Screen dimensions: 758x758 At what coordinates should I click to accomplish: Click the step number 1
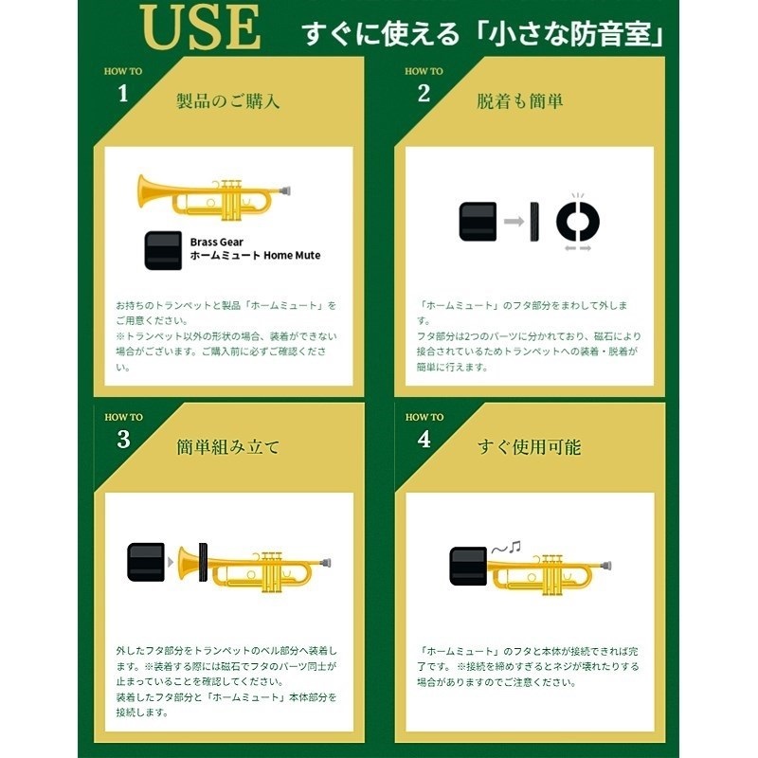122,93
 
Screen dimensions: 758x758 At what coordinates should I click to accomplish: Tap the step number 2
424,93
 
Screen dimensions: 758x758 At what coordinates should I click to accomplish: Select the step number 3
123,439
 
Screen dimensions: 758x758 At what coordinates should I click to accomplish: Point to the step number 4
424,439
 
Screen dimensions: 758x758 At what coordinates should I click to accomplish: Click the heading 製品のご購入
228,99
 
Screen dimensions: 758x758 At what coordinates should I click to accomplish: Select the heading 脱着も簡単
519,99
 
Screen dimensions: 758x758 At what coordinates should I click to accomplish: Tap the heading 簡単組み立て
228,445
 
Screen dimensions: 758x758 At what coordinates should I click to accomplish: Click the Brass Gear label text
216,242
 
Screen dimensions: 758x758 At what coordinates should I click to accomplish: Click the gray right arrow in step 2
514,221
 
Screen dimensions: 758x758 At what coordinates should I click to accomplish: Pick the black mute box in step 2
478,221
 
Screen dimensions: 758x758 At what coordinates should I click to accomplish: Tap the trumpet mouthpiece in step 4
607,566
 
